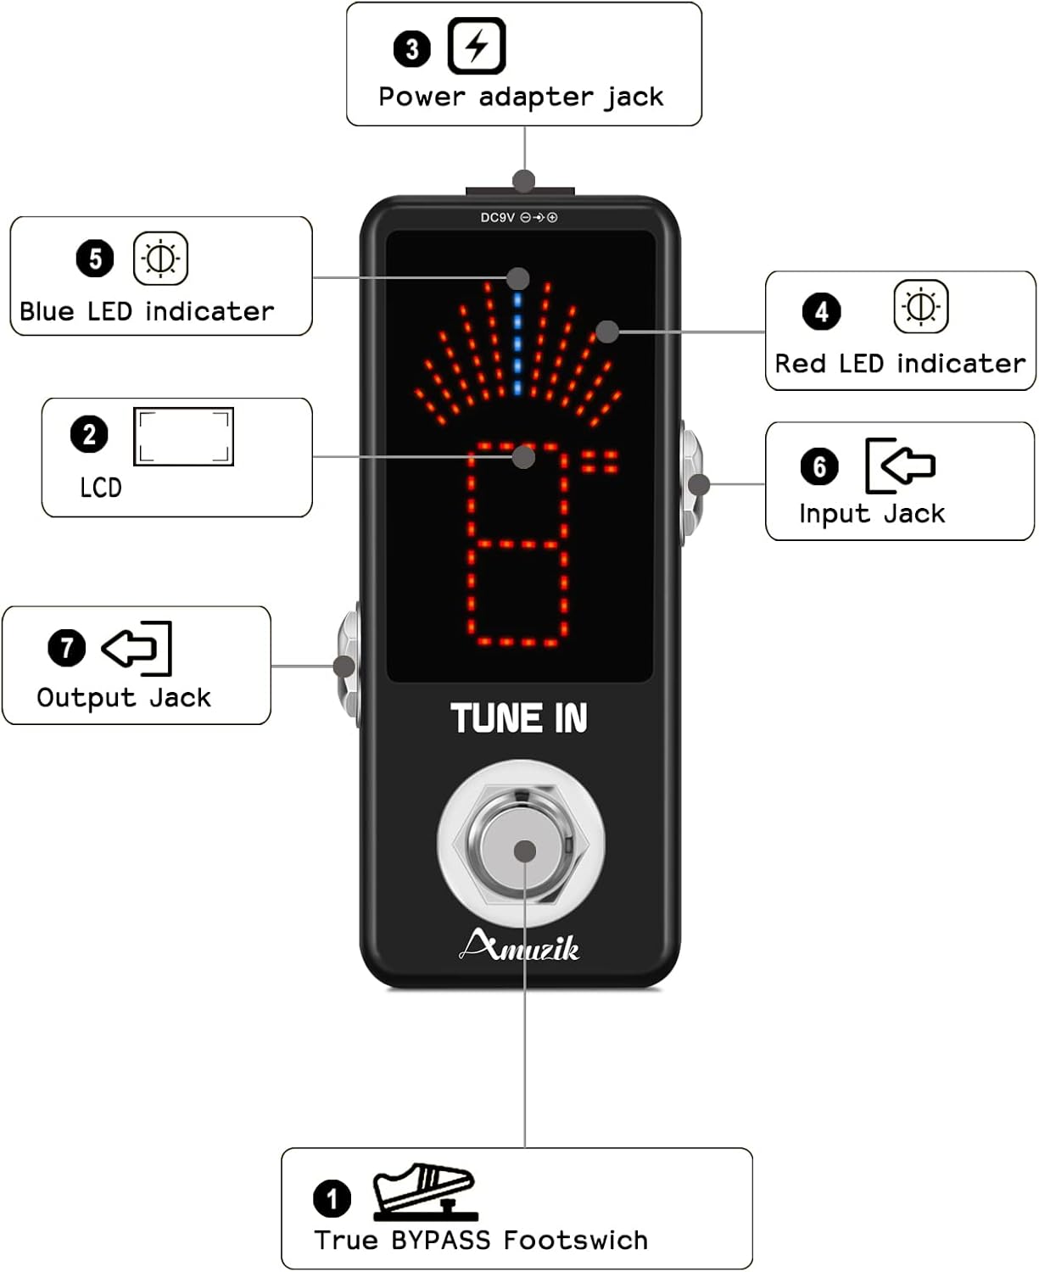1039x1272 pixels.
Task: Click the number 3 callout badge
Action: [x=412, y=48]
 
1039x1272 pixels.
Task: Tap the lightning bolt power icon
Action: [x=477, y=46]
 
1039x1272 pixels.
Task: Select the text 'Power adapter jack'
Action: [x=521, y=98]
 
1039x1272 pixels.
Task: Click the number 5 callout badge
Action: [x=95, y=259]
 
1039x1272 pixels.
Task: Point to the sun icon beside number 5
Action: [x=160, y=259]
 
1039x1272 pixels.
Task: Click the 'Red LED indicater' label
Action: [x=900, y=364]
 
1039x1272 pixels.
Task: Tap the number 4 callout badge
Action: [x=821, y=312]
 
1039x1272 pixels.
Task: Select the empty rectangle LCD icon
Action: [x=183, y=437]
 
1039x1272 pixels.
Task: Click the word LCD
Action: [x=101, y=488]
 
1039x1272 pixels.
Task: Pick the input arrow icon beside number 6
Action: [x=900, y=465]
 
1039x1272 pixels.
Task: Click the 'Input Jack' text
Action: [x=872, y=514]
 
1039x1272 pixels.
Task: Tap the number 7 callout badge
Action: [x=67, y=648]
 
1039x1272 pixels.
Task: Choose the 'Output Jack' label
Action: [x=124, y=698]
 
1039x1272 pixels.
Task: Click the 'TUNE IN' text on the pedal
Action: [x=519, y=718]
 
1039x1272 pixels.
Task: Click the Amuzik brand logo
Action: [x=519, y=946]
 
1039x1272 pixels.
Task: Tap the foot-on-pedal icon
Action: [x=424, y=1191]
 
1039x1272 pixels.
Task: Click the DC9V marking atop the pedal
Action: [x=498, y=218]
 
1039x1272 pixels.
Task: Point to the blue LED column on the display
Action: [x=517, y=343]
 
